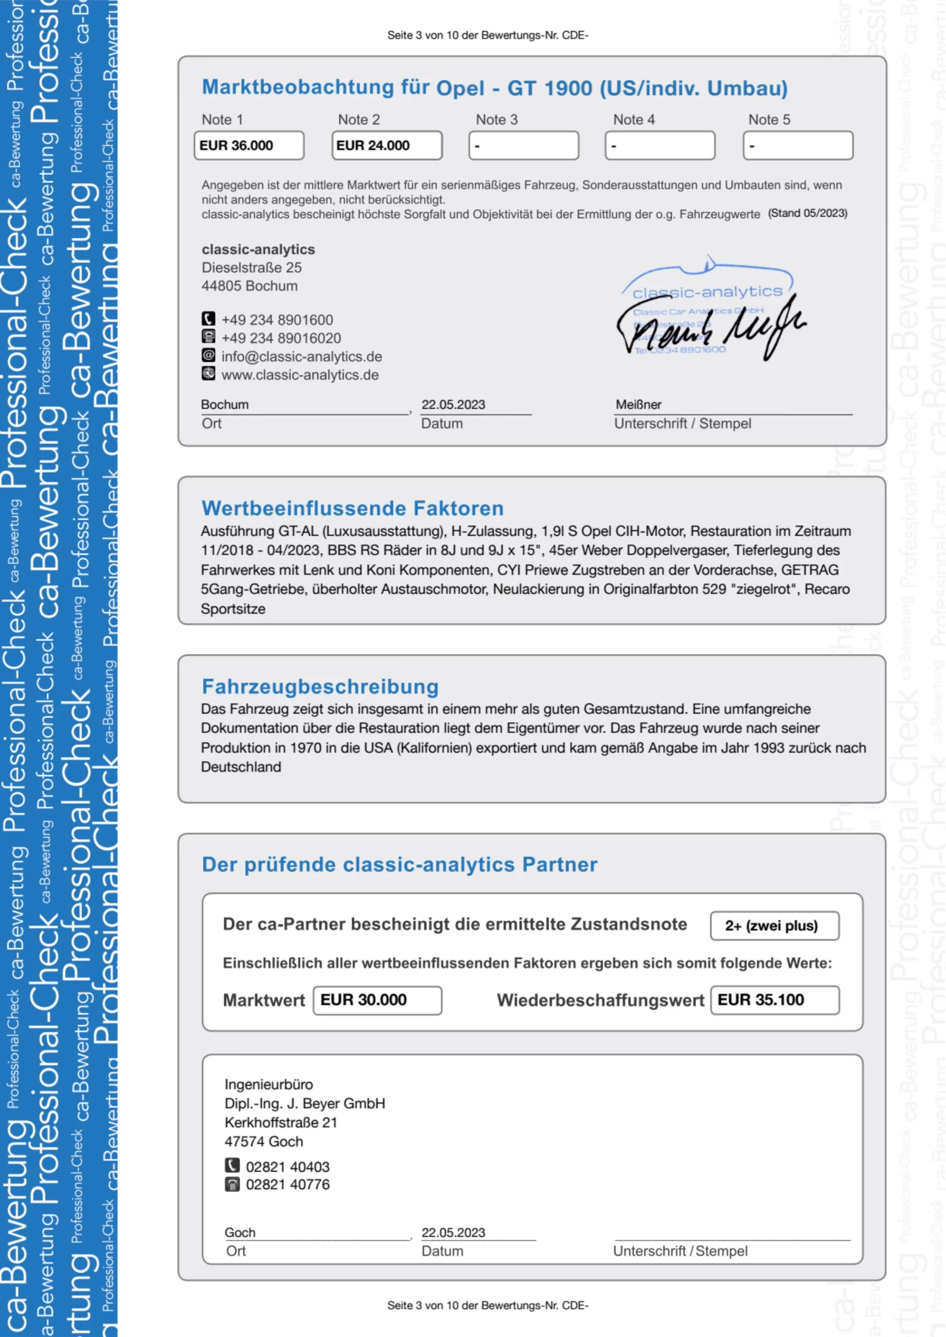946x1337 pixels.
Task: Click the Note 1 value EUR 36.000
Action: [x=248, y=146]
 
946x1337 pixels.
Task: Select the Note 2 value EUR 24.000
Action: [x=386, y=146]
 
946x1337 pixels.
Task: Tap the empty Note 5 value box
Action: [x=798, y=146]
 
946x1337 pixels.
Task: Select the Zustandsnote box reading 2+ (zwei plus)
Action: [x=774, y=926]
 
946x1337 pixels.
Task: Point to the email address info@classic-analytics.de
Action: [x=301, y=356]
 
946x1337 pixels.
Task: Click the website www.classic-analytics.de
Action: [x=299, y=375]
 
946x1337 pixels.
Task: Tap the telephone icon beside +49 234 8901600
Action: [x=208, y=319]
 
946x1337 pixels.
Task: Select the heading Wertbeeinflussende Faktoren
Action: [x=353, y=508]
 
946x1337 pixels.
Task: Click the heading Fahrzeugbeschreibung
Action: [x=320, y=687]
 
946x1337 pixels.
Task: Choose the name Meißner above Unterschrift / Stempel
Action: [x=638, y=405]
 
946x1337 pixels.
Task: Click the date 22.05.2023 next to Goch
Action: [x=453, y=1233]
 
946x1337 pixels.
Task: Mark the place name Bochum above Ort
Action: [x=225, y=405]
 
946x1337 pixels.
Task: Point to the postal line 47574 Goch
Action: [x=264, y=1141]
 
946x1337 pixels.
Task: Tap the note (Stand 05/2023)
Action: [x=808, y=213]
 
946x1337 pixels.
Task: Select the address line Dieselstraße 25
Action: [x=252, y=268]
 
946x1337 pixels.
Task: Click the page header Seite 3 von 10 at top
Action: [x=487, y=36]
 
